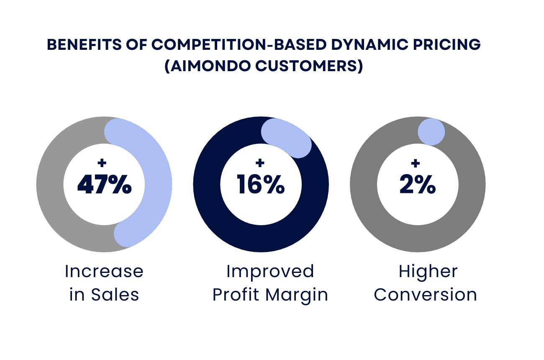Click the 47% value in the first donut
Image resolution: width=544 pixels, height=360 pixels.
click(x=104, y=185)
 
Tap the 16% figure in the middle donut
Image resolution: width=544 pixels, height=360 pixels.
click(x=261, y=185)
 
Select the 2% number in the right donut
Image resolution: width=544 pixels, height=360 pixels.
click(x=418, y=185)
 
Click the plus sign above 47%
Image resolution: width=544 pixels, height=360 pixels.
click(x=101, y=163)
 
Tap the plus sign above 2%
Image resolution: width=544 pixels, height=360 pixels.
click(x=415, y=163)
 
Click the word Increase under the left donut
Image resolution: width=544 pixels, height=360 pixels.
click(x=104, y=271)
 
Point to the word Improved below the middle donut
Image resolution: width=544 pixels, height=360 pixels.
click(x=270, y=271)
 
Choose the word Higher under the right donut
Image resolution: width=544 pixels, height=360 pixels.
click(x=428, y=271)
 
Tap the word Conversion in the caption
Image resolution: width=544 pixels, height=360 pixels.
click(x=426, y=295)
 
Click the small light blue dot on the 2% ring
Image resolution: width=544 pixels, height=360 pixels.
click(x=431, y=132)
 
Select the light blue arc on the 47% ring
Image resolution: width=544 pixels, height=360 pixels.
click(x=157, y=184)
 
